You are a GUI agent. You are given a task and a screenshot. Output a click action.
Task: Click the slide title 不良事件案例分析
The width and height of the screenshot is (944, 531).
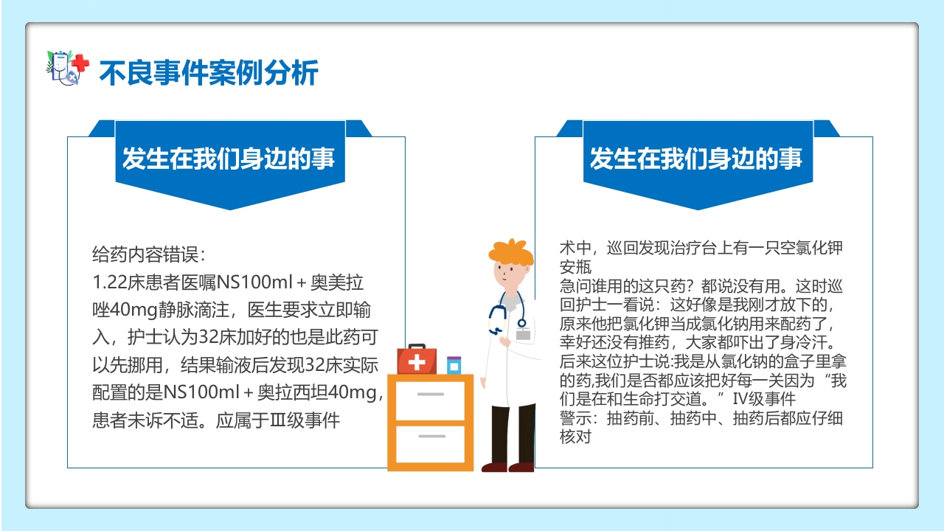pos(209,73)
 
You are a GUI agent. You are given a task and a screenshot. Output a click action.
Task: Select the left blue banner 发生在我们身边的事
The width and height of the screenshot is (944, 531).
pos(229,159)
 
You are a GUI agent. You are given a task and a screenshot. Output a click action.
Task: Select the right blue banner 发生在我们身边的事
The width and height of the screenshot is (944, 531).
pos(696,159)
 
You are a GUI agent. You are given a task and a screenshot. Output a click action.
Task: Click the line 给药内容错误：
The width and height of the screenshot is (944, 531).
pos(148,255)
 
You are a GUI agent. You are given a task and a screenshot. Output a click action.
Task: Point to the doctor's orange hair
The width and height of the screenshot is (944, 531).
pos(510,250)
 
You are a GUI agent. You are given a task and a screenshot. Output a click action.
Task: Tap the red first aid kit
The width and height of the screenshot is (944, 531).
pos(417,360)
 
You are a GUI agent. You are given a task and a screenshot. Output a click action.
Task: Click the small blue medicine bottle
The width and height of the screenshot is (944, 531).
pos(454,365)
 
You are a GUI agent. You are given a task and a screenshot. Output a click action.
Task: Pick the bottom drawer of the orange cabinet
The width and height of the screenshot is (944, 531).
pos(431,442)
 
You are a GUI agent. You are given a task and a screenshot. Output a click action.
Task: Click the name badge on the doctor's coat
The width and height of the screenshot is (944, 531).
pos(524,333)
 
